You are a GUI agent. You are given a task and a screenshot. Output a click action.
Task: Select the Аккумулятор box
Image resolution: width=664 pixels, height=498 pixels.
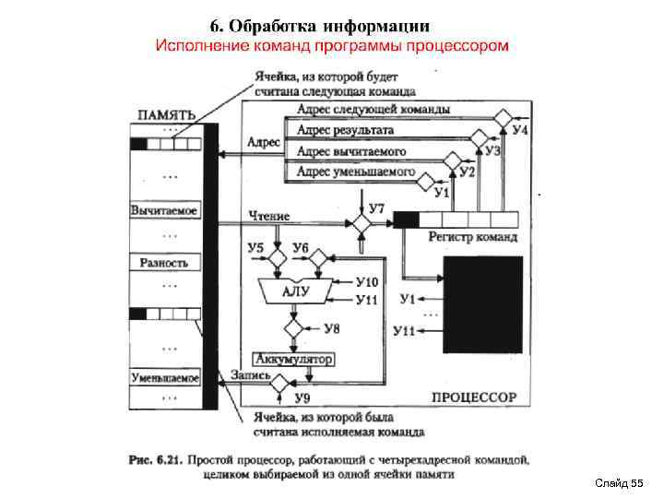coord(292,358)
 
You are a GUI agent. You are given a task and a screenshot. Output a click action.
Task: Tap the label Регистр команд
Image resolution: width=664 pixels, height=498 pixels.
coord(472,237)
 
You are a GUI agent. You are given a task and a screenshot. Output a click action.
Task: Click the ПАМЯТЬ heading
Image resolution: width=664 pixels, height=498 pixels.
coord(166,114)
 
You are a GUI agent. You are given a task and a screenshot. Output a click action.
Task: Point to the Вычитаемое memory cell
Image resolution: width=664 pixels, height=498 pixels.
coord(165,209)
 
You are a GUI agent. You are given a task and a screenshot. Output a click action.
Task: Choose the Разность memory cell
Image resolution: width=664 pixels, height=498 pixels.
coord(164,263)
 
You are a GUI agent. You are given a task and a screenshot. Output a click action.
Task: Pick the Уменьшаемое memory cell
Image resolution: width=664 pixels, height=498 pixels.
coord(165,378)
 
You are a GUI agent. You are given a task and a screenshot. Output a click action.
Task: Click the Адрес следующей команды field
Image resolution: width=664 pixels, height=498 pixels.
coord(373,110)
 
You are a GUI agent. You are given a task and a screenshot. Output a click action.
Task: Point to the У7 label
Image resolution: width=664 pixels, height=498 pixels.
coord(376,208)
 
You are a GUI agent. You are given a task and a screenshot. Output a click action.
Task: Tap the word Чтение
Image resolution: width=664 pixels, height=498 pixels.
coord(269,215)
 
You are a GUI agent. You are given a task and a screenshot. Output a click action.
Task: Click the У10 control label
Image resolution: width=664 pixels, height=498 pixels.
coord(366,281)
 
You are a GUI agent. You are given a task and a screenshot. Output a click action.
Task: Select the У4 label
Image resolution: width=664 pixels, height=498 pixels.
coord(521,131)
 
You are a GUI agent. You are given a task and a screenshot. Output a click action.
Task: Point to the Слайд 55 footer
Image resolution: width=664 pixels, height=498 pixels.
coord(618,483)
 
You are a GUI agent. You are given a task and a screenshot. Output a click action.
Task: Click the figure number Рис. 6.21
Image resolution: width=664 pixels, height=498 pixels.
coord(157,458)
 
